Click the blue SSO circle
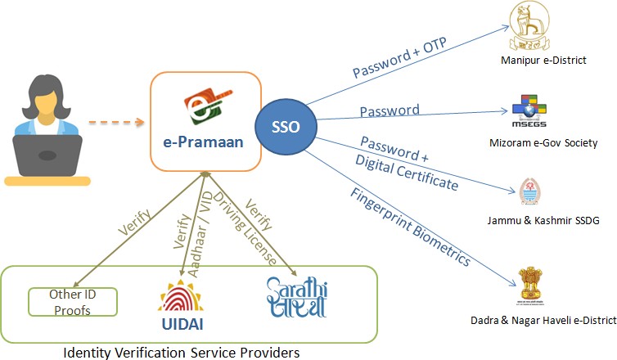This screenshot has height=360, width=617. (289, 128)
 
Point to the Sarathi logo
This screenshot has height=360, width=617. (295, 297)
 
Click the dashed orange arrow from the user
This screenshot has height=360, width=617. (115, 124)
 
